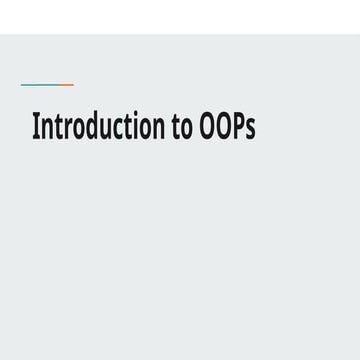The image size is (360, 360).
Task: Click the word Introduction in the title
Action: [98, 128]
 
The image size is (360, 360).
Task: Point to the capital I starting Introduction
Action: [36, 128]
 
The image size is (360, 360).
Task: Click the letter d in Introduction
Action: [92, 128]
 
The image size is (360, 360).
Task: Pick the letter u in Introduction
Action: [105, 130]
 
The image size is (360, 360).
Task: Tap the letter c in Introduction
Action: [116, 130]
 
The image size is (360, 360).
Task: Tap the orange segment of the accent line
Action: [64, 85]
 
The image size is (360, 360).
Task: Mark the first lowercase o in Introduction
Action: [78, 130]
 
